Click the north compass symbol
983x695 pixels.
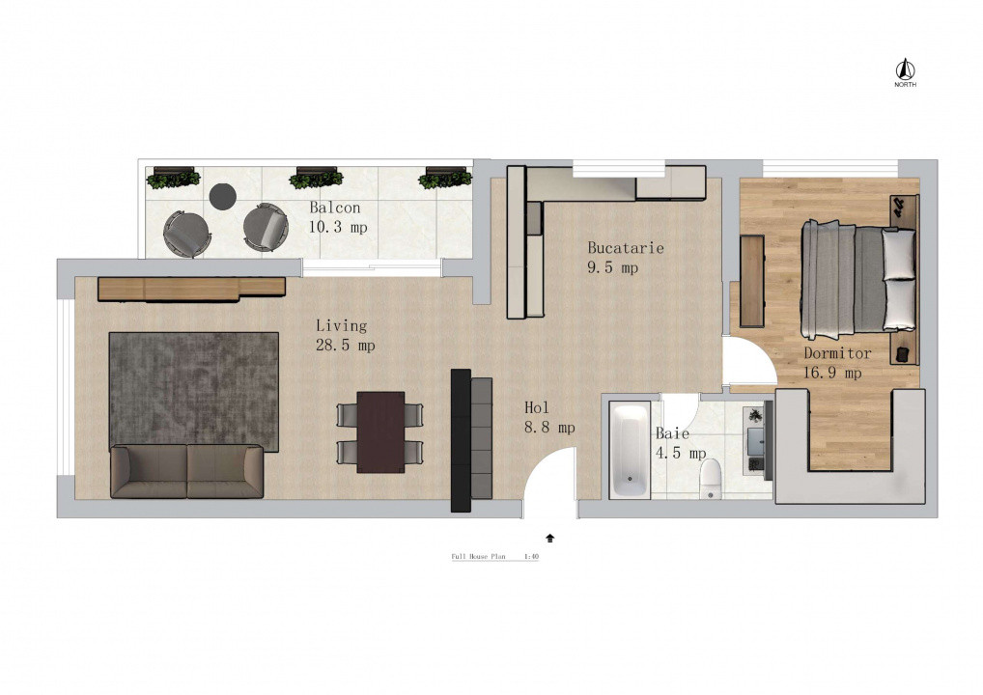pyautogui.click(x=905, y=70)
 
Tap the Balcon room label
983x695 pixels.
pyautogui.click(x=335, y=208)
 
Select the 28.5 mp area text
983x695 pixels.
pyautogui.click(x=345, y=346)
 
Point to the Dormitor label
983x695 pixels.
pyautogui.click(x=836, y=353)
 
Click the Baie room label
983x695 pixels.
pyautogui.click(x=672, y=434)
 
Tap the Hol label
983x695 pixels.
pyautogui.click(x=537, y=407)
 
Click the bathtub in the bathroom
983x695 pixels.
pyautogui.click(x=630, y=449)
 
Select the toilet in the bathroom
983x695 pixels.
pyautogui.click(x=712, y=476)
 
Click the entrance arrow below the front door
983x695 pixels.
pyautogui.click(x=550, y=537)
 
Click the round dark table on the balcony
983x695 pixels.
pyautogui.click(x=223, y=196)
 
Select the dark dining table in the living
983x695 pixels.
pyautogui.click(x=380, y=431)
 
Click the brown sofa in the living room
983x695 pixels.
pyautogui.click(x=186, y=471)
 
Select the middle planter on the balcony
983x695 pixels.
pyautogui.click(x=316, y=178)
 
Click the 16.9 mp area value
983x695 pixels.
pyautogui.click(x=831, y=372)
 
